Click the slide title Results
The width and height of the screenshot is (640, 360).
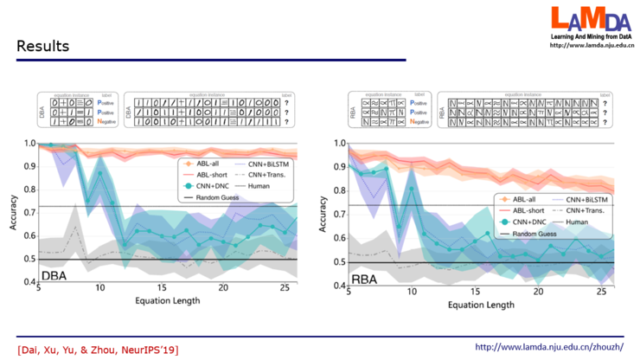[x=42, y=46]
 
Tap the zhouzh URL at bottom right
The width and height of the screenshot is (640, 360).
[x=549, y=347]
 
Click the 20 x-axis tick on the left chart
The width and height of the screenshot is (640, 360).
[x=223, y=288]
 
